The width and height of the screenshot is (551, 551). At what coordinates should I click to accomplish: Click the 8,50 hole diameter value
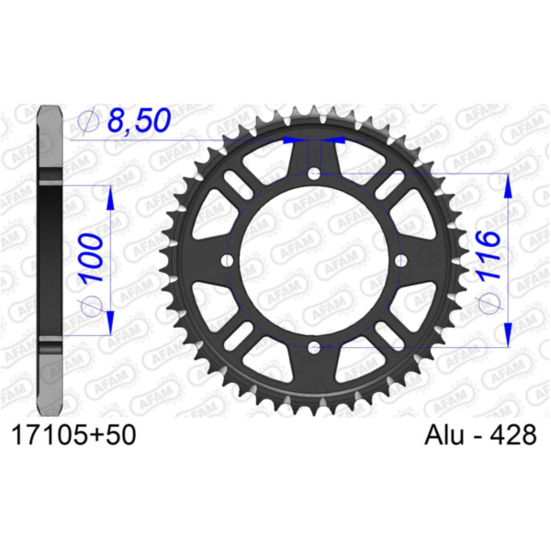point(140,120)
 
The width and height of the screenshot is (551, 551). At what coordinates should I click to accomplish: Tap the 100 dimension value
point(92,257)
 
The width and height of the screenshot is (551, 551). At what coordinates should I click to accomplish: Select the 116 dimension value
point(489,254)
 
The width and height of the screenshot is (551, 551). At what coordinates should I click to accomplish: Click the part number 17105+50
point(73,435)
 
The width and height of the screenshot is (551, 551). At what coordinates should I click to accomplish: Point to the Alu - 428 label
point(480,435)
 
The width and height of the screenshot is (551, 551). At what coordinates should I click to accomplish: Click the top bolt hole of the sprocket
point(314,173)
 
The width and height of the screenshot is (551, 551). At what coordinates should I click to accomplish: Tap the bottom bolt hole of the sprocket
point(314,348)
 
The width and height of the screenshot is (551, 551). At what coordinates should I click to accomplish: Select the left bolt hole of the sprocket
point(228,261)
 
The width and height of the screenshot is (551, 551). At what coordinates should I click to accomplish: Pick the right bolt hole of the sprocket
point(401,261)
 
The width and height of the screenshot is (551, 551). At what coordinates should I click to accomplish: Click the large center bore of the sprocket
point(314,261)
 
